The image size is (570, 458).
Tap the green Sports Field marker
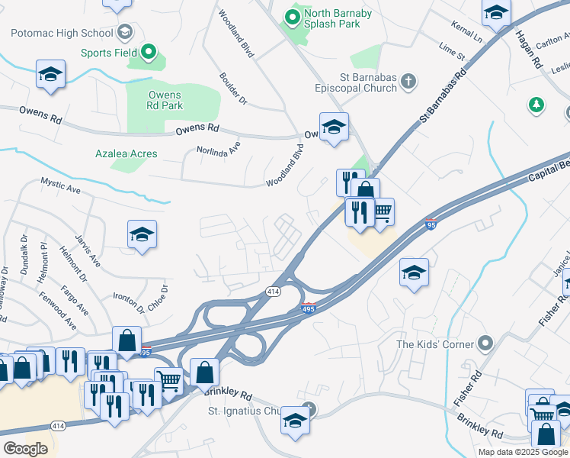149,53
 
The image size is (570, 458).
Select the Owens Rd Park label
165,100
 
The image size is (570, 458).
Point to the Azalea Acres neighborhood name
126,153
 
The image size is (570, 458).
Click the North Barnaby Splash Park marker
292,15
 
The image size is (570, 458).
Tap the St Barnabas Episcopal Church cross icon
408,81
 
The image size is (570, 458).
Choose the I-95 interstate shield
431,225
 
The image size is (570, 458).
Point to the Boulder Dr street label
232,89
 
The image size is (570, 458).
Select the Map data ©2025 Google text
522,452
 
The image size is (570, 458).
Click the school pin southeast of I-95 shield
414,273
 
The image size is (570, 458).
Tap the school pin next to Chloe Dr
142,235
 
